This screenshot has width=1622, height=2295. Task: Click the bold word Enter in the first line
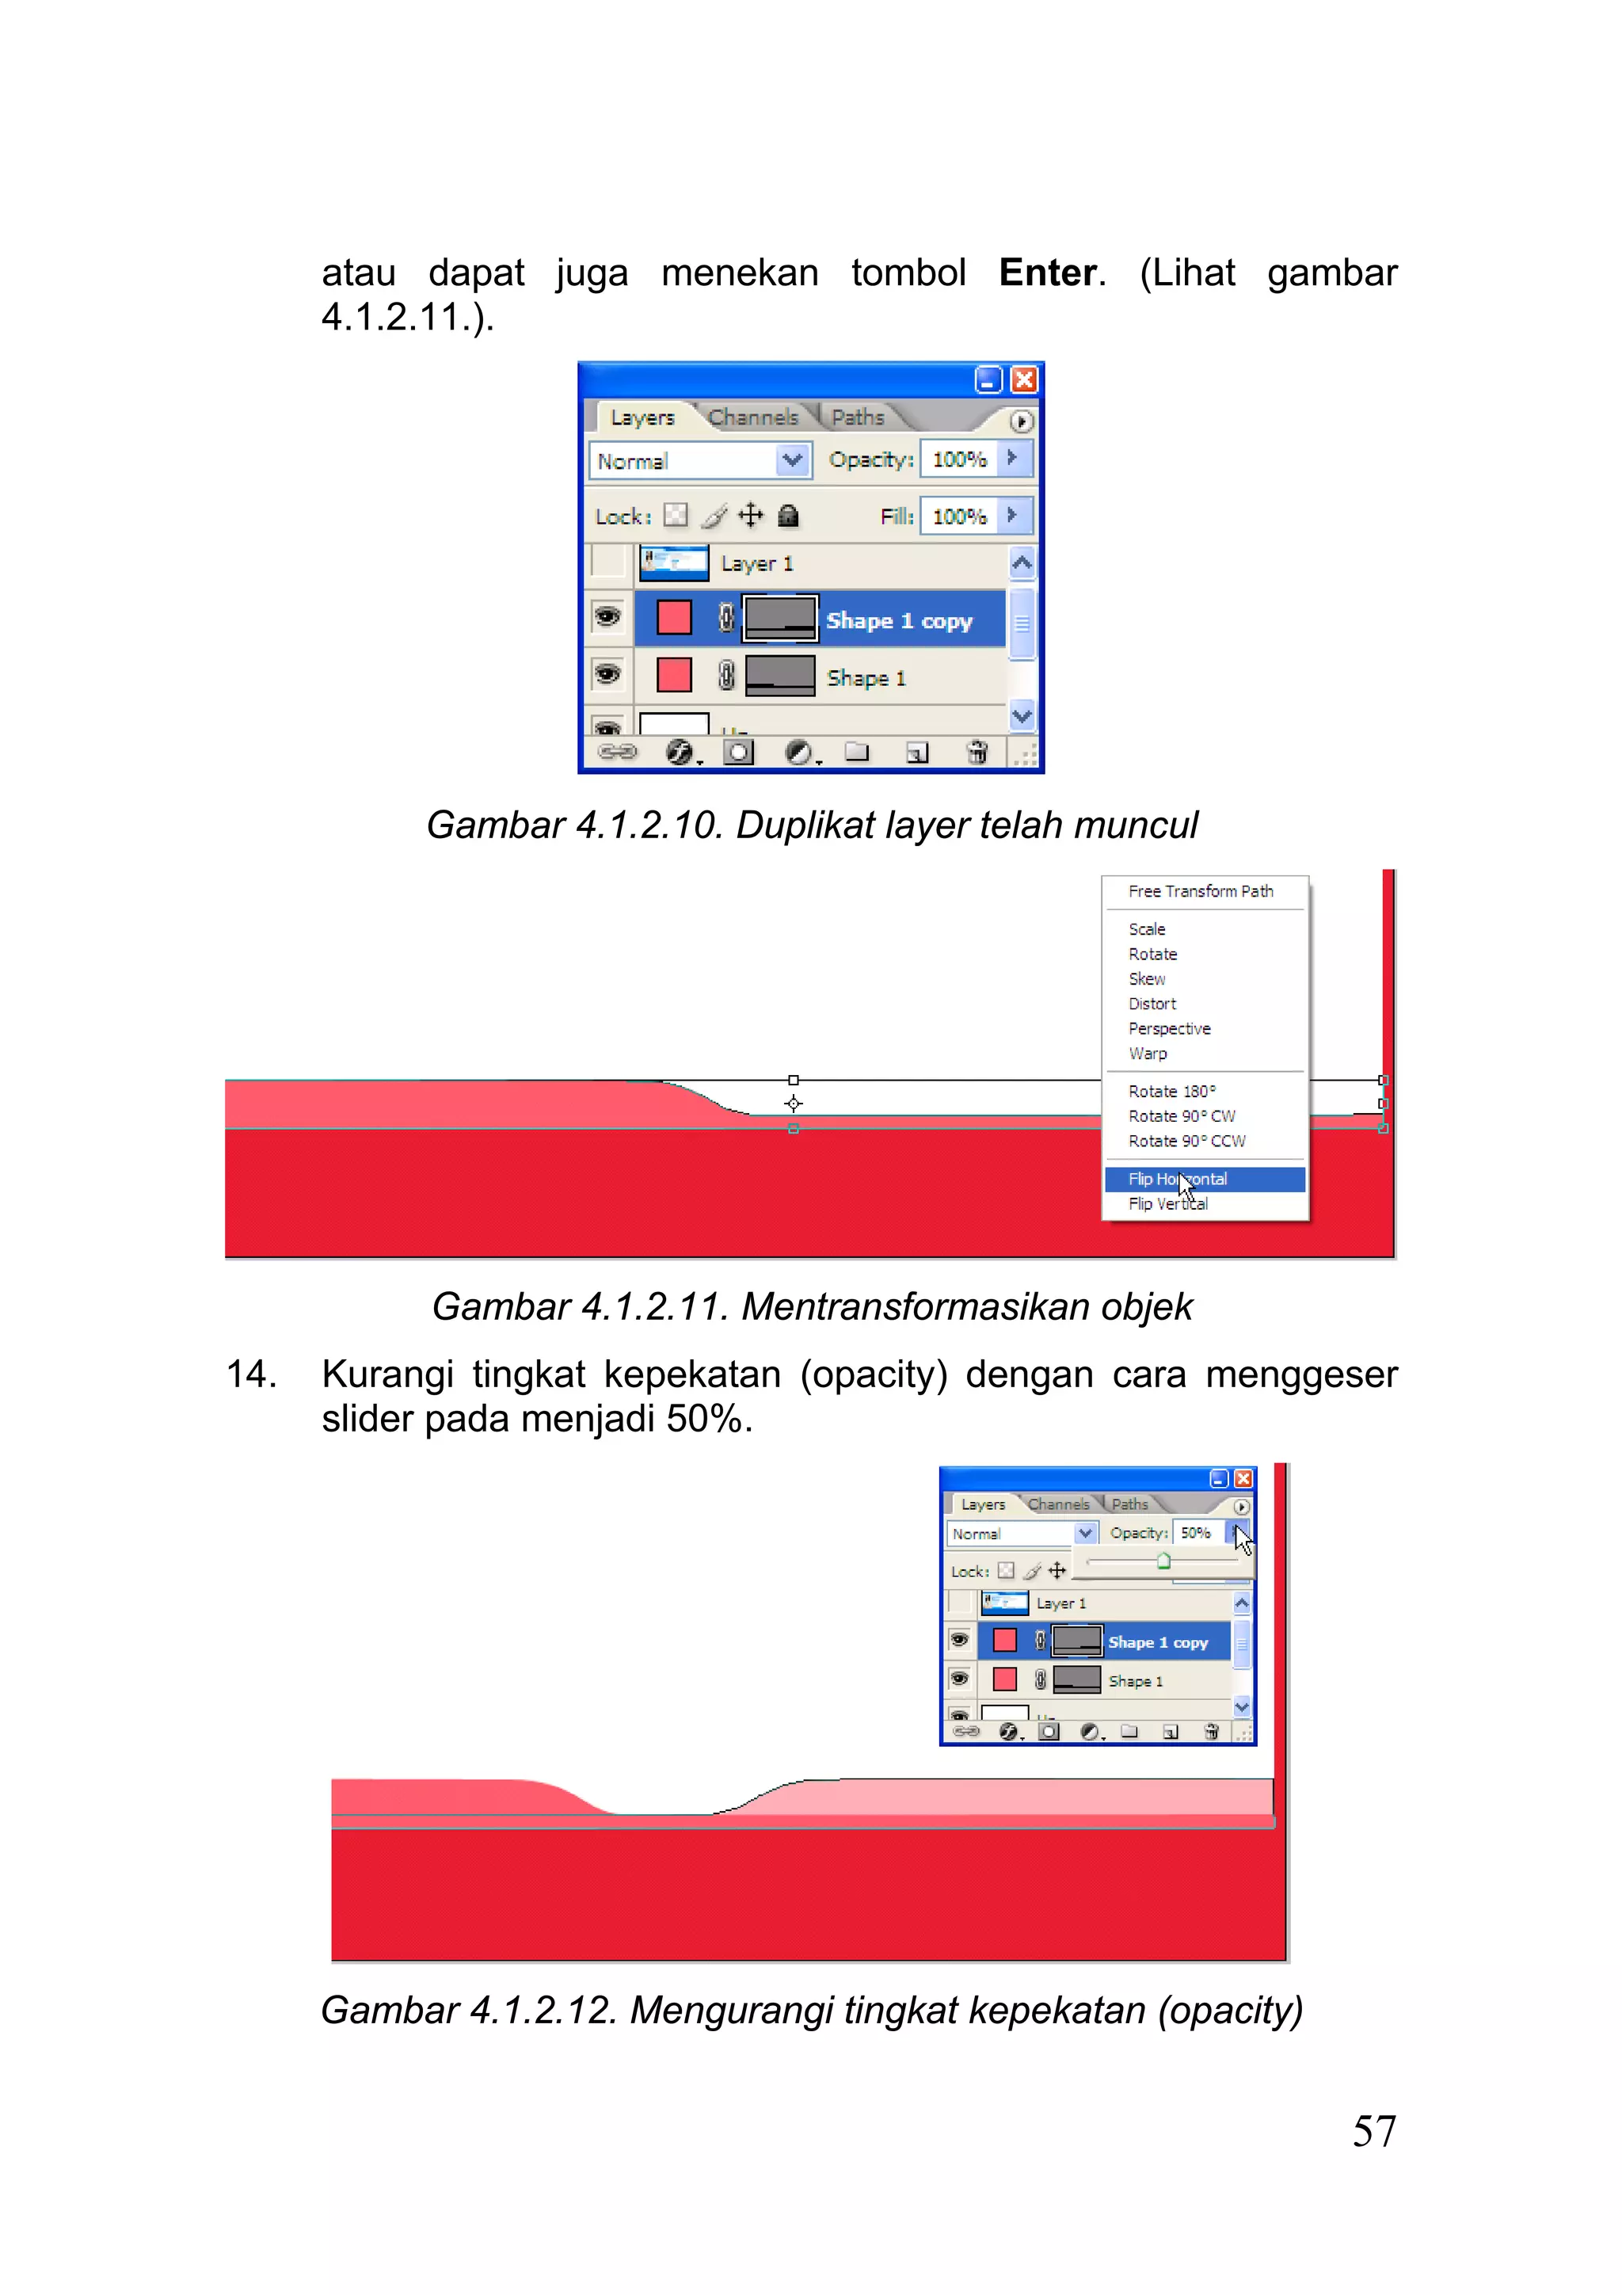1046,273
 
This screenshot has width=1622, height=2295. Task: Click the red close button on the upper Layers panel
1023,379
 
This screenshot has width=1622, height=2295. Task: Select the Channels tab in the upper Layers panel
752,417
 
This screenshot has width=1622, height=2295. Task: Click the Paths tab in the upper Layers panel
858,417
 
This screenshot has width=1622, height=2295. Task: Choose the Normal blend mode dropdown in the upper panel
699,461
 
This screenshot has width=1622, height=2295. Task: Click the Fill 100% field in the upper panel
958,517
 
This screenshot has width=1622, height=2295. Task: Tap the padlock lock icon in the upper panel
789,516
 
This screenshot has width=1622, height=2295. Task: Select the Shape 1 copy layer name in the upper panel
898,621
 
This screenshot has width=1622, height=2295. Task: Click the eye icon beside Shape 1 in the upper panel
607,675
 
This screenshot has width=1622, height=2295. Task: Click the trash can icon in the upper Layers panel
977,752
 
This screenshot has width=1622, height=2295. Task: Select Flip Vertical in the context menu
1168,1204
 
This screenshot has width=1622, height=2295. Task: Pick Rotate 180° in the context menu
1172,1092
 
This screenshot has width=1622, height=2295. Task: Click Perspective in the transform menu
1169,1028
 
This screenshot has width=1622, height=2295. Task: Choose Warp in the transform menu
1148,1054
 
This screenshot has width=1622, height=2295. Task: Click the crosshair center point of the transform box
794,1104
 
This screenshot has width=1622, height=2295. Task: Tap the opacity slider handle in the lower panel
1163,1561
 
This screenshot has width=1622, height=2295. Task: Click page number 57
1374,2132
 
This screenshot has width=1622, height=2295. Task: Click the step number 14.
251,1374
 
